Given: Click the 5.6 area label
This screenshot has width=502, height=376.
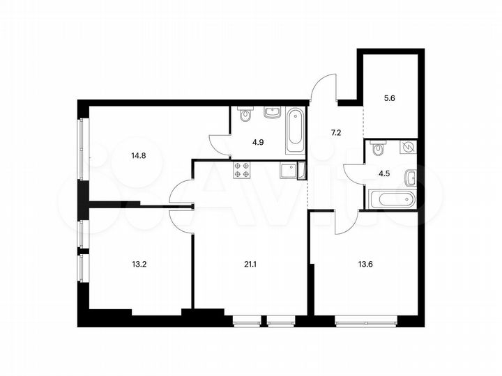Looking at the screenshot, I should pos(390,99).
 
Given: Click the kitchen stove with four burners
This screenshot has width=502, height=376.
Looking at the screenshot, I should pos(242,170).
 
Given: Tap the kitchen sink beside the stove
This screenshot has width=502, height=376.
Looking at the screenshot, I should pos(287,170).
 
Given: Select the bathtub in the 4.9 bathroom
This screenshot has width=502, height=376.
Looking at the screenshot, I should pos(295,132).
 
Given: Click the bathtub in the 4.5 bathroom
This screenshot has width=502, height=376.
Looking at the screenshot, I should pos(392,198).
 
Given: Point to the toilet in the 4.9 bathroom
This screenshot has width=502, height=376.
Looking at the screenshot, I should pos(245,114).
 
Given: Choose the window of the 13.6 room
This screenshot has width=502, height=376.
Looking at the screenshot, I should pos(365,321).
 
